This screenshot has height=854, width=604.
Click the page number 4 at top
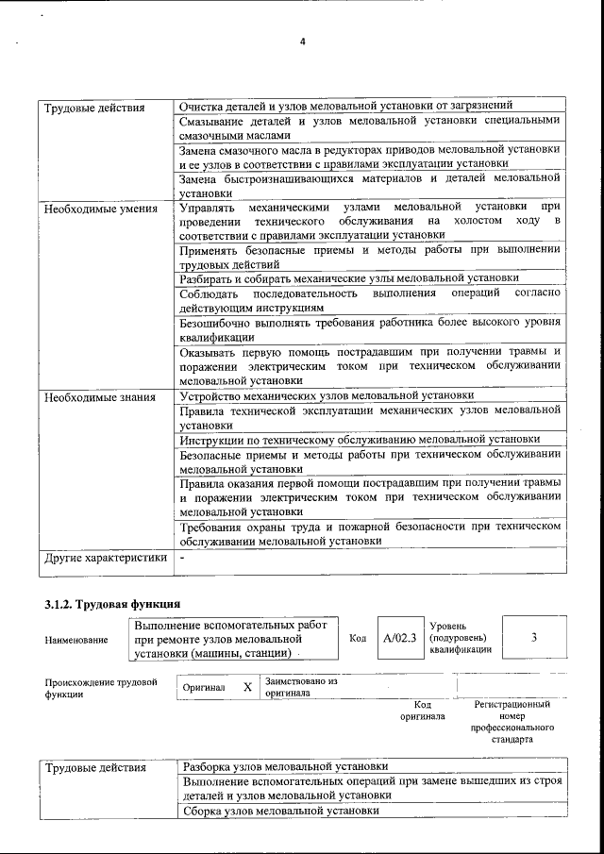coord(302,42)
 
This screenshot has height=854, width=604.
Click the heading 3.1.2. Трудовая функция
coord(112,603)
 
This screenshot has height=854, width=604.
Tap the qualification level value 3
coord(534,638)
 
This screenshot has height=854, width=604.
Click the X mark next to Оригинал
coord(247,687)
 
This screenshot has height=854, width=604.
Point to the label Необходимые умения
coord(100,207)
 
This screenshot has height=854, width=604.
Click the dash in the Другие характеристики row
coord(182,558)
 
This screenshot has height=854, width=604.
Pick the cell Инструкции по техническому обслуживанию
coord(360,439)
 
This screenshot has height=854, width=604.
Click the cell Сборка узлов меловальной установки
coord(280,811)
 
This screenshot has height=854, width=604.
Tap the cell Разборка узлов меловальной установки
coord(285,767)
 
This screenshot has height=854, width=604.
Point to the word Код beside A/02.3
coord(358,639)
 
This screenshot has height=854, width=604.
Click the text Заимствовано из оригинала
coord(302,686)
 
